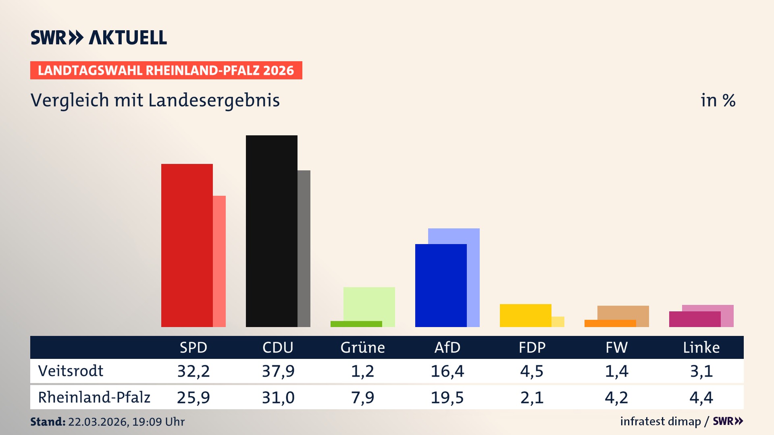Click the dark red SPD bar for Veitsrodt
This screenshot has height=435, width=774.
coord(187,246)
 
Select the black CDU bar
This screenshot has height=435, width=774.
coord(271,232)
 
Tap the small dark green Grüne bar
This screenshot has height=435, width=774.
coord(356,324)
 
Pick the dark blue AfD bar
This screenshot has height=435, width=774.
coord(441,286)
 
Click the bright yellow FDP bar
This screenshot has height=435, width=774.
coord(525,315)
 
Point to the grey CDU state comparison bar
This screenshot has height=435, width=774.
coord(304,249)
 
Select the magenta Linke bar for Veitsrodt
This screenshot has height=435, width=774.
coord(695,319)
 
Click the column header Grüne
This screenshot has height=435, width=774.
coord(362,348)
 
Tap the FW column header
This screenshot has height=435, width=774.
coord(616,348)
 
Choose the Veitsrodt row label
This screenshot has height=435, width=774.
coord(71,371)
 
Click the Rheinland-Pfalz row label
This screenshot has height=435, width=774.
coord(94,398)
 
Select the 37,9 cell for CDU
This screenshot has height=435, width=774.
coord(278,371)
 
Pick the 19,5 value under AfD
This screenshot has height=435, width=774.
coord(447,398)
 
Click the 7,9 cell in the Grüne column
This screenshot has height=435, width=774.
coord(362,398)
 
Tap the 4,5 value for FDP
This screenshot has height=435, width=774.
coord(532,371)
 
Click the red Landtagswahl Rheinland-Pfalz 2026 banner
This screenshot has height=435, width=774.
coord(166,70)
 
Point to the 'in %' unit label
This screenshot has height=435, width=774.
coord(718,101)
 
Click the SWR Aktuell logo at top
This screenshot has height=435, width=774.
coord(99,37)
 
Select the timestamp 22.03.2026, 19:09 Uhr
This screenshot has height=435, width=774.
coord(126,422)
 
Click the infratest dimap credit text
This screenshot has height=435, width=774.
coord(660,421)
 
